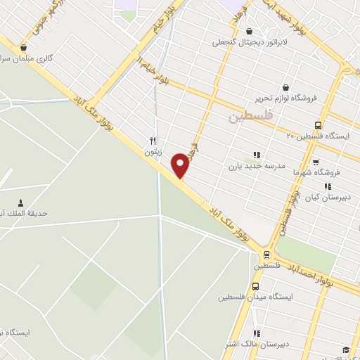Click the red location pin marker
coord(181,165)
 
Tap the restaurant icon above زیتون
coord(153,139)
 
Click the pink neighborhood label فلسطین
coord(250,117)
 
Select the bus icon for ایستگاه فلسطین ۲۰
coord(318,124)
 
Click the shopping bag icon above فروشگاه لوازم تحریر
coord(284,85)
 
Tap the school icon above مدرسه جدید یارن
coord(256,155)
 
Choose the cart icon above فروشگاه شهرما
coord(315,162)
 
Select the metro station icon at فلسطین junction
coord(266,255)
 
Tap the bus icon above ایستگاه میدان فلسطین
coord(255,285)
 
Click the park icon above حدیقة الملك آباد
coord(19,202)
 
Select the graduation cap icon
coord(345,349)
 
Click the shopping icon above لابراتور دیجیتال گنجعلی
coord(249,31)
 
